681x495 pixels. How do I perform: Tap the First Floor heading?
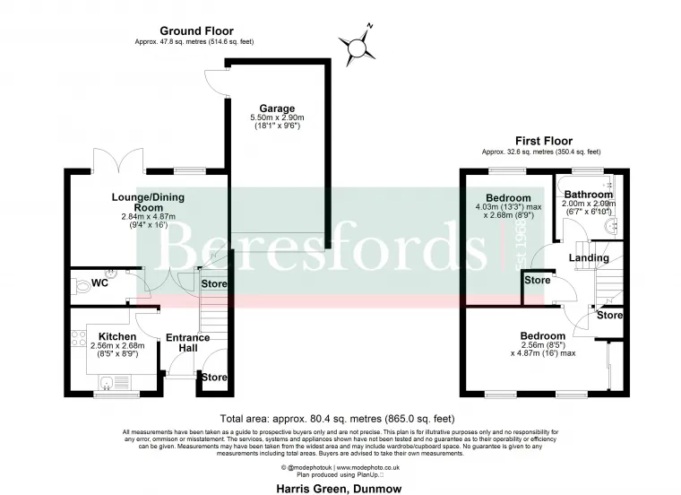543,141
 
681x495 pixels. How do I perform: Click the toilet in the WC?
78,285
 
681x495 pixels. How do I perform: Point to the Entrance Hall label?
188,343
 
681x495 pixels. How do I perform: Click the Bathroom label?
589,195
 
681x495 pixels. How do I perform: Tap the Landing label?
590,258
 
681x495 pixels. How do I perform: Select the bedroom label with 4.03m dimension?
508,198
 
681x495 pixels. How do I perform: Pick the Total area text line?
337,419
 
